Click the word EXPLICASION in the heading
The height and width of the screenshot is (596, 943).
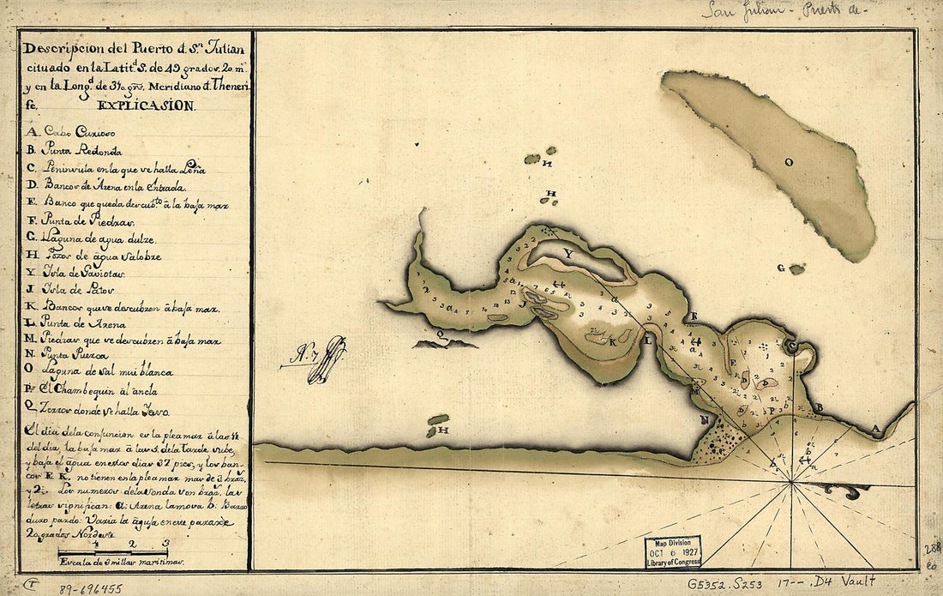click(x=147, y=107)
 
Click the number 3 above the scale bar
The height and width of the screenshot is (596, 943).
click(x=165, y=543)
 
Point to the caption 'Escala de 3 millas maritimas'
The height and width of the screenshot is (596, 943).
click(x=120, y=563)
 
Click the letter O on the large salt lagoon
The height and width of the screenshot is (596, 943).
click(x=789, y=161)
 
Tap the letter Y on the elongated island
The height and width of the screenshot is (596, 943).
click(x=568, y=254)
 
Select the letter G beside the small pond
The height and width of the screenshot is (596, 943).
click(x=780, y=268)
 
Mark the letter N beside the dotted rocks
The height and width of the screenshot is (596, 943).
click(x=703, y=420)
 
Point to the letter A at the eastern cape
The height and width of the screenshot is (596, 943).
click(x=874, y=426)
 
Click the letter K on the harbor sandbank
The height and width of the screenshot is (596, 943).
click(x=613, y=340)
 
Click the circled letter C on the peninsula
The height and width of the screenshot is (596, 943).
click(x=793, y=346)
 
